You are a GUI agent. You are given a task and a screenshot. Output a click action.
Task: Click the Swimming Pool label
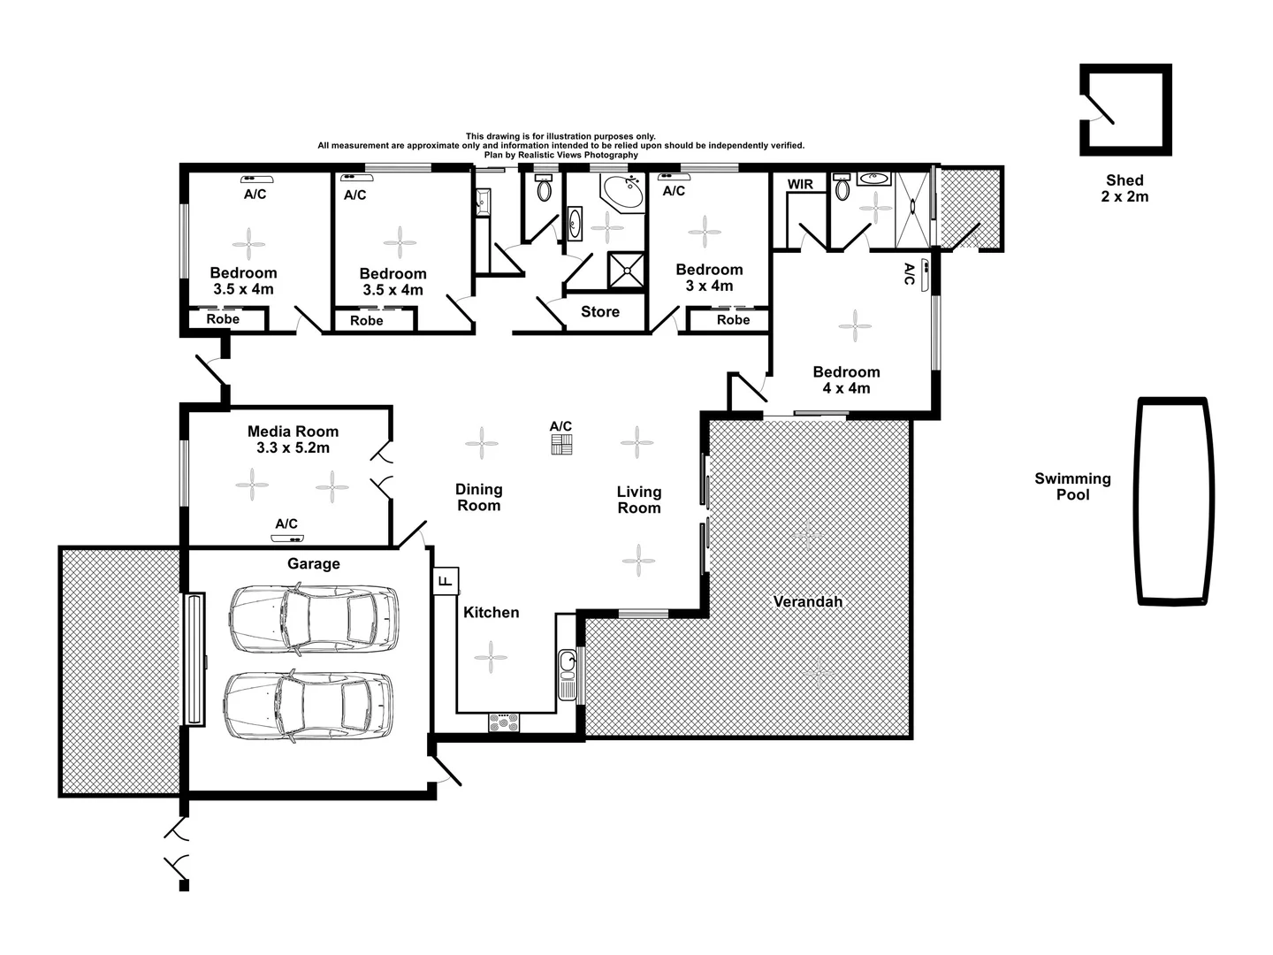coord(1072,486)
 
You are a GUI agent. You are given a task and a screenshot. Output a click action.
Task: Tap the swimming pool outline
coord(1172,500)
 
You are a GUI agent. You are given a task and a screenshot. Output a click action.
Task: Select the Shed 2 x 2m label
coord(1124,188)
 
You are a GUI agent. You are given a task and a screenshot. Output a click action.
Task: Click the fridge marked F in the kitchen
coord(446,580)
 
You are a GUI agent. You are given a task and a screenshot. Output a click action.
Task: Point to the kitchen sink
coord(567,674)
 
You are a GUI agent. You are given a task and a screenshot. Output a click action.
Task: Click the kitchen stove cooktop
coord(505,722)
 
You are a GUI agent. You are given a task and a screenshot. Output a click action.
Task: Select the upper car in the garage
coord(313,619)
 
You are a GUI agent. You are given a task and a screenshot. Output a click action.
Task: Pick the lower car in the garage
coord(309,707)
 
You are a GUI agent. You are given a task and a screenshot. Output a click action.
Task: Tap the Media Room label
coord(293,439)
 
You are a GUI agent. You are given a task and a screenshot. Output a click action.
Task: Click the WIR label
coord(800,184)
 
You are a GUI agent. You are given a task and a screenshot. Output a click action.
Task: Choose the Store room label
coord(599,312)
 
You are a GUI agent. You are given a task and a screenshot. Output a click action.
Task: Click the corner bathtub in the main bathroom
coord(623,193)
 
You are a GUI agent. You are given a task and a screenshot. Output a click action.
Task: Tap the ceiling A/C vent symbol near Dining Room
coord(561,445)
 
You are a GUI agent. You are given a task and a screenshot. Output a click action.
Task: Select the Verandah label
coord(807,602)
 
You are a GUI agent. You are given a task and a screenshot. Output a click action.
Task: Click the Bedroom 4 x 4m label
coord(846,380)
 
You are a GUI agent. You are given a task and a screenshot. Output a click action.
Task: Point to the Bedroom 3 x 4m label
coord(709,278)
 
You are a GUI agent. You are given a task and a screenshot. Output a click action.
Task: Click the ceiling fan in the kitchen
coord(491,657)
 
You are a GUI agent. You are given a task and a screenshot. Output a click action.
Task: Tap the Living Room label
coord(638,500)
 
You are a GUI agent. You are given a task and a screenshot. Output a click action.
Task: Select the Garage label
coord(313,564)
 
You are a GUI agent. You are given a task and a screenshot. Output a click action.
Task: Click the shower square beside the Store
coord(627,271)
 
